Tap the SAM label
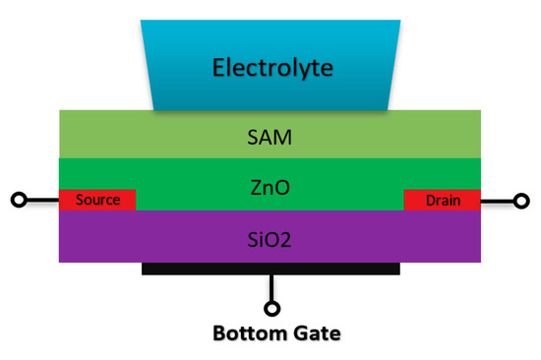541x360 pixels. tap(270, 136)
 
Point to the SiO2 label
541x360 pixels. tap(270, 237)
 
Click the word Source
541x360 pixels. tap(97, 200)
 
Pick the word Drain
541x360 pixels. tap(443, 201)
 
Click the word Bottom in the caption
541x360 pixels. tap(248, 333)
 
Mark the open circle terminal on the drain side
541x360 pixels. tap(521, 201)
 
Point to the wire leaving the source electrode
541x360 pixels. tap(41, 201)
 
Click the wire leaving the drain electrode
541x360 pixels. tap(498, 201)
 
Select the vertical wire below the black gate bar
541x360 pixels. tap(271, 287)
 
